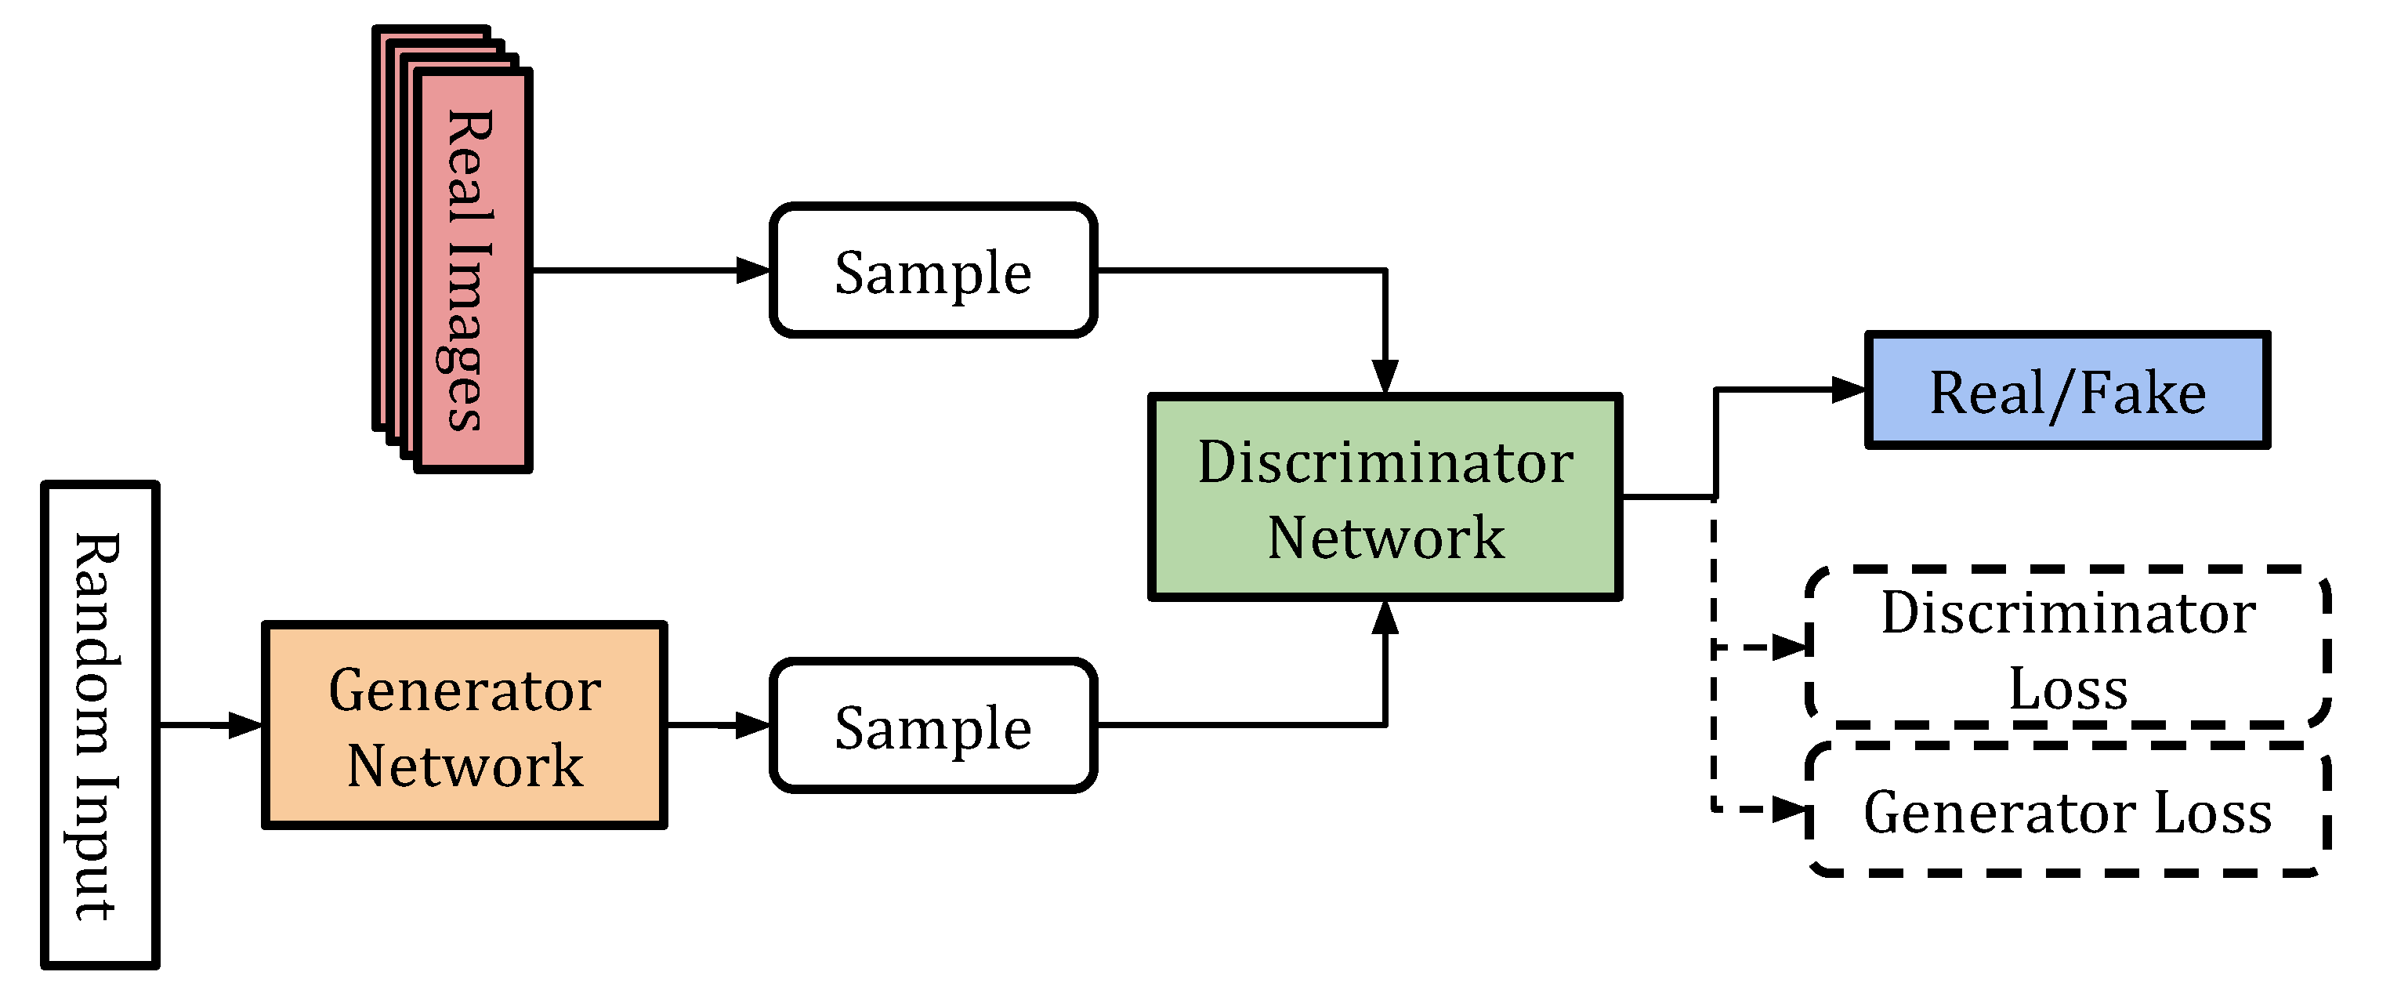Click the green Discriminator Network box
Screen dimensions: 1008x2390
(1385, 498)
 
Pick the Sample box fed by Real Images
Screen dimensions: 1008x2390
(933, 271)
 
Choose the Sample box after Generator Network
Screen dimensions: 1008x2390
(933, 726)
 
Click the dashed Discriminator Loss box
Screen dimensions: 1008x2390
(2068, 647)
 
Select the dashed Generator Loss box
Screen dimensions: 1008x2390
(2068, 811)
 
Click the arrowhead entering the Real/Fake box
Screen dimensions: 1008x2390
(1849, 390)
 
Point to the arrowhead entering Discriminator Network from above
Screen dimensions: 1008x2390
(1385, 377)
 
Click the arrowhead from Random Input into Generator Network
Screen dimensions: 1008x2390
(246, 725)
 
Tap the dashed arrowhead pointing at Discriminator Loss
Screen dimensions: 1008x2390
(1791, 647)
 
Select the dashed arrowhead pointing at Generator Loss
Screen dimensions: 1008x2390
(1791, 810)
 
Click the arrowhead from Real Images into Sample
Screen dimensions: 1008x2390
(753, 270)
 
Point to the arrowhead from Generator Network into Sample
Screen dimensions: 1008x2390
(753, 725)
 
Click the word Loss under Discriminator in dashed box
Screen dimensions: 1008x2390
(2068, 690)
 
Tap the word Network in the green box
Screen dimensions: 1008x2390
(1385, 538)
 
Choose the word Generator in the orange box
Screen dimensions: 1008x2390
(465, 691)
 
